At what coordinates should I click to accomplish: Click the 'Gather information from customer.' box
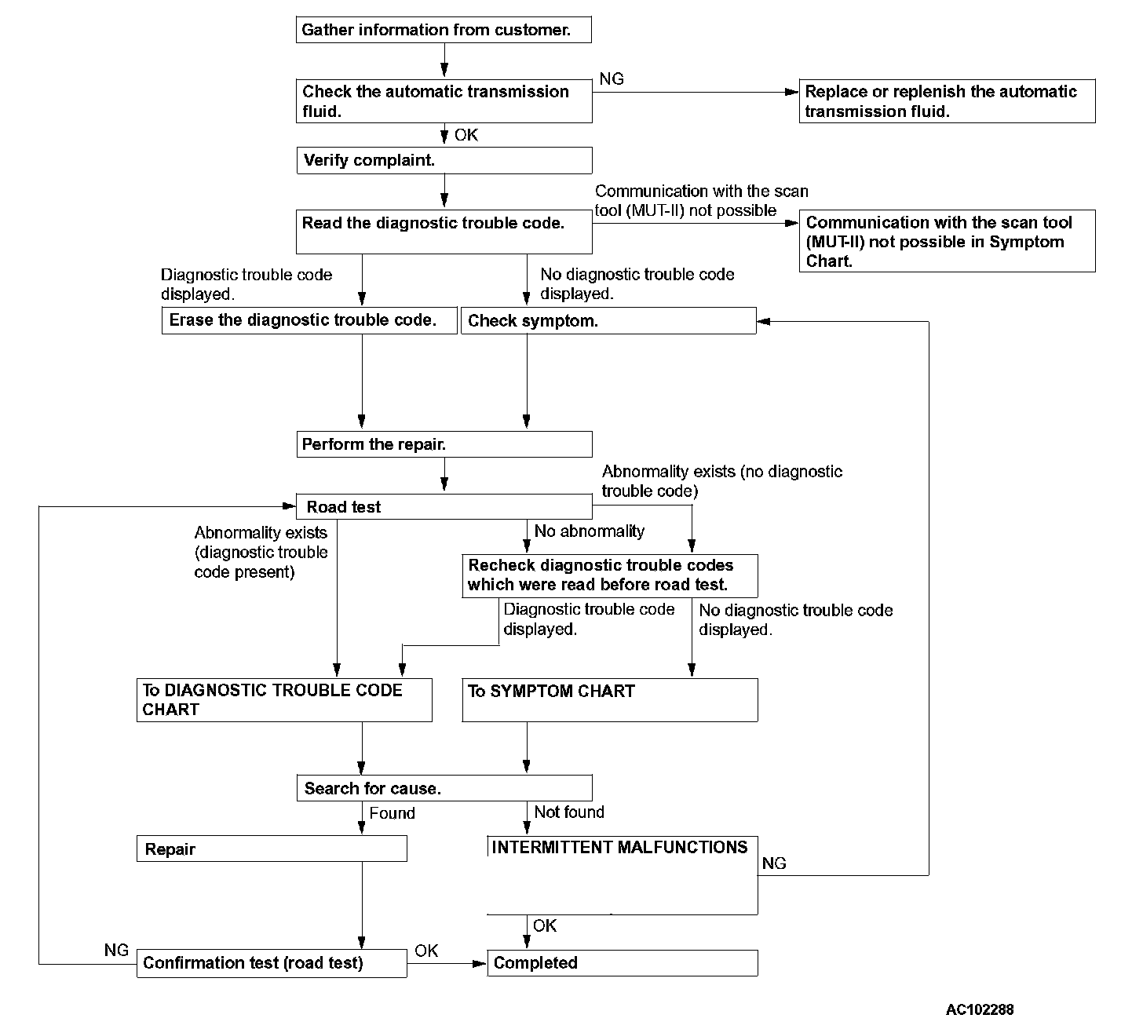(x=444, y=29)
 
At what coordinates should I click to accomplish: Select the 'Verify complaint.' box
(x=444, y=161)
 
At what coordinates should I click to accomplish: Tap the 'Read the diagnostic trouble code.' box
(x=444, y=232)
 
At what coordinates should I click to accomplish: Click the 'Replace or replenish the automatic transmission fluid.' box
(x=948, y=101)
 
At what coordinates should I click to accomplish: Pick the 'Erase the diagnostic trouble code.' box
(x=309, y=320)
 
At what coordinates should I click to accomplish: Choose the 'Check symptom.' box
(x=608, y=320)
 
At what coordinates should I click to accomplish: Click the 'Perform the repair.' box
(x=444, y=444)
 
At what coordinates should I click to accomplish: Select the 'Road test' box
(x=444, y=506)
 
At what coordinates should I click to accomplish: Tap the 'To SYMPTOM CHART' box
(x=610, y=700)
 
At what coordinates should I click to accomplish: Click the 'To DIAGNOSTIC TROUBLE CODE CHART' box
(x=284, y=700)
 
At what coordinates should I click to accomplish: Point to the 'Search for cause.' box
(x=444, y=788)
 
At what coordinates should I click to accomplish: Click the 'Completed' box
(x=623, y=963)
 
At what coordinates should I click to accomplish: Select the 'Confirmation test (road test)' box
(x=272, y=963)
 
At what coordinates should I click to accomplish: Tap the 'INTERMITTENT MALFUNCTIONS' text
(x=619, y=847)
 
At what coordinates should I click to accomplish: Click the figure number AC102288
(x=980, y=1009)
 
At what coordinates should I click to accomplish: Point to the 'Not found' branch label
(x=569, y=812)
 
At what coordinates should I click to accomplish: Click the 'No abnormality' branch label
(x=590, y=531)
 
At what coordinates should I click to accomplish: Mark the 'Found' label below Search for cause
(x=392, y=813)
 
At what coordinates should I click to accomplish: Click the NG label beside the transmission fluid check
(x=612, y=79)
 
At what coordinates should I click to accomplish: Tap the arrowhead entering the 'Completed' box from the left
(x=480, y=963)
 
